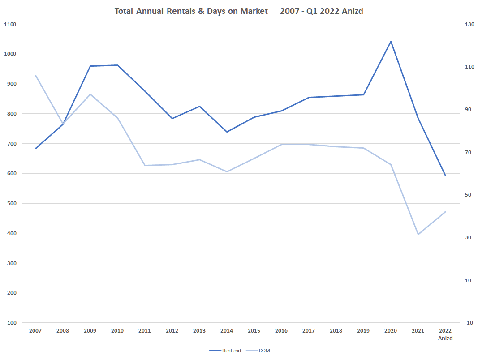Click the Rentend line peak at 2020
(391, 42)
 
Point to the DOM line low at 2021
(418, 234)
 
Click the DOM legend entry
(264, 351)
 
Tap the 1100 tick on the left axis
(10, 24)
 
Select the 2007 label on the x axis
(35, 331)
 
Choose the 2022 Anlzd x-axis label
(445, 334)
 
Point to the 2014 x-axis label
(227, 331)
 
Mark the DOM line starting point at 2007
(35, 75)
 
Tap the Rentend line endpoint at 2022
(445, 176)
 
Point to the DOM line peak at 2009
(90, 94)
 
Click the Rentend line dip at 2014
(227, 132)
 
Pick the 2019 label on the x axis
(363, 331)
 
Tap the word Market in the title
(252, 11)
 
